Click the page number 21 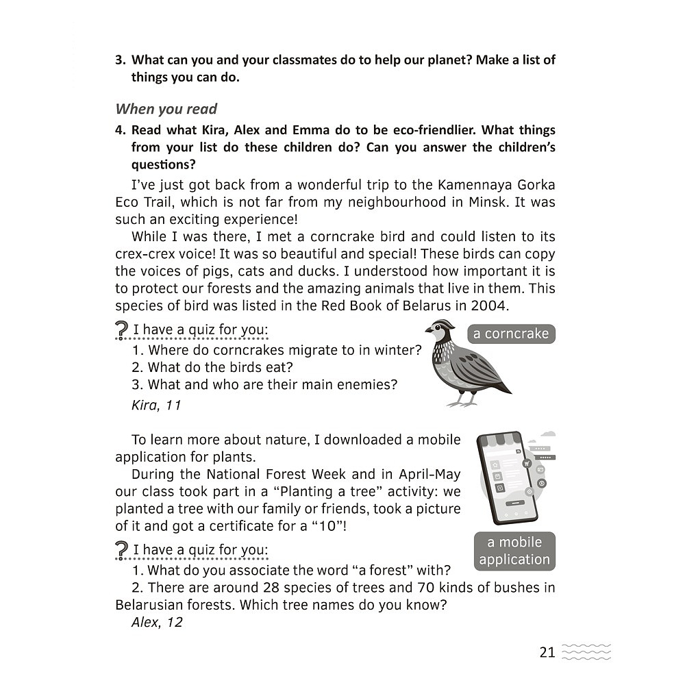tap(547, 652)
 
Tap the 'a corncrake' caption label tap(511, 334)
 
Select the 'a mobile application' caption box tap(514, 551)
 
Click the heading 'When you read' tap(166, 109)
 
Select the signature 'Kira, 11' tap(156, 405)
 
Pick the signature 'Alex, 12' tap(157, 623)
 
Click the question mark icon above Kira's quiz tap(122, 331)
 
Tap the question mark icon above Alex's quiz tap(122, 550)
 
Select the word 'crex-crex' tap(148, 253)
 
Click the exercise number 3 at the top tap(120, 60)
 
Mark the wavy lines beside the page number tap(586, 651)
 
